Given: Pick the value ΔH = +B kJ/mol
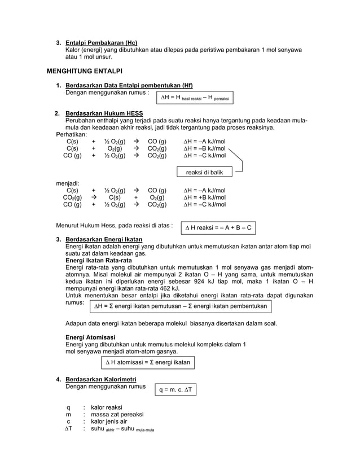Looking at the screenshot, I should pos(205,197).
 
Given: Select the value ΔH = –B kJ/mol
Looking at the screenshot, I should pos(205,148).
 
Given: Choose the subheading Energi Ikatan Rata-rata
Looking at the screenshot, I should pos(99,261).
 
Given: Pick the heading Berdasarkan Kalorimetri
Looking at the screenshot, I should pos(101,379).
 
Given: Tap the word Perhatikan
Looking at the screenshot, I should pos(71,134).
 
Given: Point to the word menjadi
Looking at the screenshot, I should pos(67,183).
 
